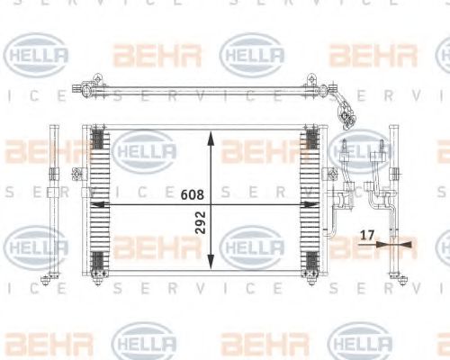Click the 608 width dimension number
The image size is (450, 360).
192,193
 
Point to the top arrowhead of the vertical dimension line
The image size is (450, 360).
210,137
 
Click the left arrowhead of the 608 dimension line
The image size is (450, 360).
95,204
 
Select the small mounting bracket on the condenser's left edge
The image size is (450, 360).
83,191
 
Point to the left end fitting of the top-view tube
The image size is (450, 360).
87,87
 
